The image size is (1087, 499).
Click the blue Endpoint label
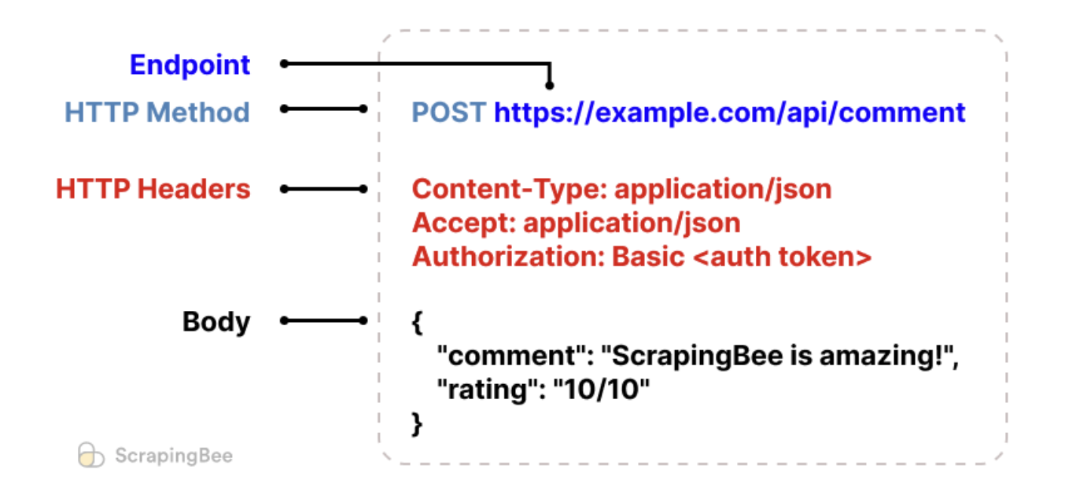[190, 65]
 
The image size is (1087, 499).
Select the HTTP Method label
[157, 112]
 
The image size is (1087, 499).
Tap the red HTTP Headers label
[153, 189]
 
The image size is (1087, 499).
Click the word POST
[448, 113]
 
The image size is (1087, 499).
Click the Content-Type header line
[621, 190]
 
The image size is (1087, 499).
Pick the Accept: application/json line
[576, 224]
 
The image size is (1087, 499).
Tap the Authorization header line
[642, 257]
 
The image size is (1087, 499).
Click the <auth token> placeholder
[783, 257]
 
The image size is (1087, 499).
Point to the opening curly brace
[418, 323]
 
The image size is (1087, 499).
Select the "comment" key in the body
[512, 356]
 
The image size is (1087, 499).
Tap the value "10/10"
[601, 390]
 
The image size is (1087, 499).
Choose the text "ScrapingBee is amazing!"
[777, 357]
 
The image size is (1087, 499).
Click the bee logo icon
[91, 455]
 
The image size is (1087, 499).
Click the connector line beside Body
[324, 320]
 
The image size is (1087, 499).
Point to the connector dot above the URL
[549, 86]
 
